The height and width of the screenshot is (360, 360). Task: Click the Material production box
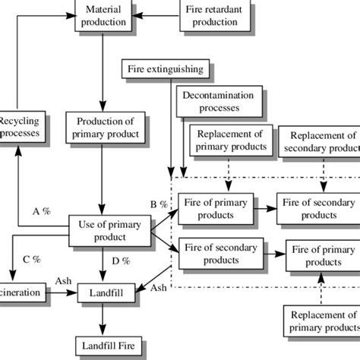tap(103, 16)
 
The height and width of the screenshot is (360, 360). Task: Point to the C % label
tap(31, 259)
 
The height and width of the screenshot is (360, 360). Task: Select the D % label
tap(119, 261)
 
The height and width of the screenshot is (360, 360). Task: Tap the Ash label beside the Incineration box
tap(63, 280)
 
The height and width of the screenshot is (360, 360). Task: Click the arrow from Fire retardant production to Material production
tap(154, 16)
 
